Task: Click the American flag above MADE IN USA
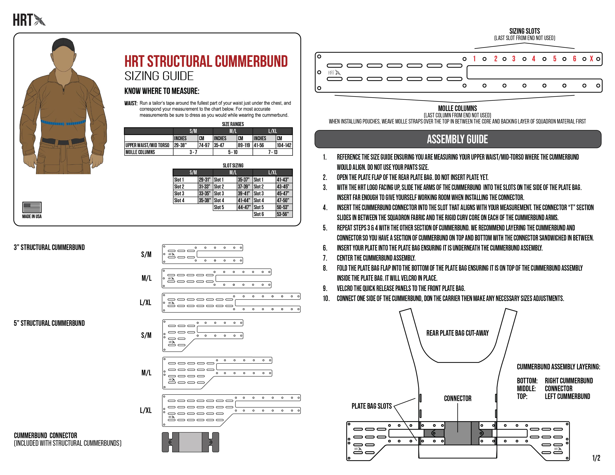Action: click(x=32, y=207)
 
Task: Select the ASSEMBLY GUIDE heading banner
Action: click(x=458, y=139)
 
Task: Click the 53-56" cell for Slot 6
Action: click(x=283, y=214)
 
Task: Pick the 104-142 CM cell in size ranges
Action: click(x=284, y=145)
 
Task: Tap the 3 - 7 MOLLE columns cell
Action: click(x=193, y=152)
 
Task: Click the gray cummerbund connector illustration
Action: click(x=190, y=442)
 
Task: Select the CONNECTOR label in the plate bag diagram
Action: click(x=458, y=398)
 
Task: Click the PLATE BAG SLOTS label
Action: click(x=371, y=406)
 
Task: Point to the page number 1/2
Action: click(x=596, y=458)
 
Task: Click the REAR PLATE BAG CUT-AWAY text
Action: click(x=457, y=333)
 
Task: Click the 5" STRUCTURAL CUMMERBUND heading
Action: click(x=49, y=323)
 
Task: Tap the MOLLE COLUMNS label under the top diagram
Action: click(x=457, y=108)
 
